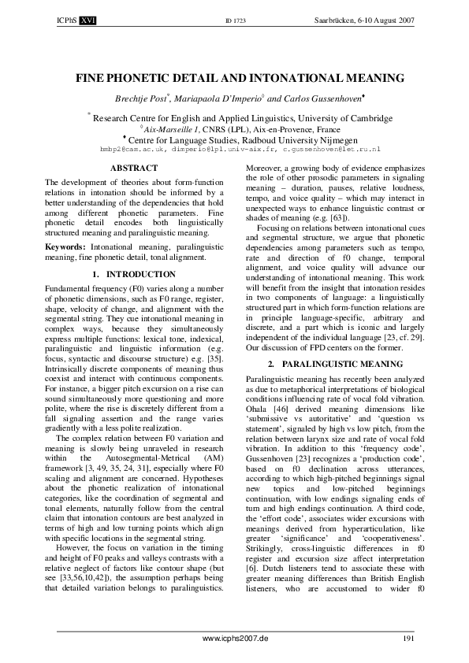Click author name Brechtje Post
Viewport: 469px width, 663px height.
(146, 100)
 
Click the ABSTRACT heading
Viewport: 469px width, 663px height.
(134, 169)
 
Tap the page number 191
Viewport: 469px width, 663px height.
(408, 637)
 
